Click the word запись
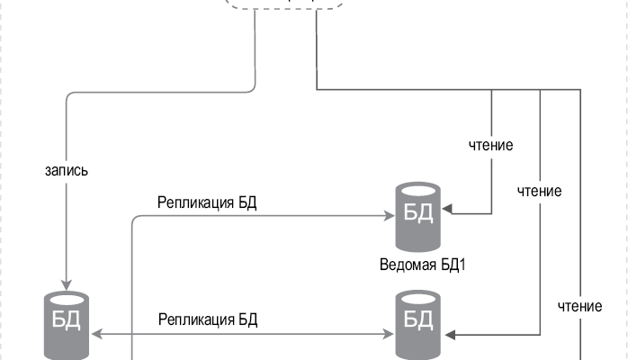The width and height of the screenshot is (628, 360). click(66, 168)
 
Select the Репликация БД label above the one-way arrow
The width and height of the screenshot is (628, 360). click(207, 202)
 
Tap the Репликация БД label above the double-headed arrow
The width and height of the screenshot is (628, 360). click(209, 319)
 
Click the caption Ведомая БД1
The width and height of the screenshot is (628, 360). click(418, 265)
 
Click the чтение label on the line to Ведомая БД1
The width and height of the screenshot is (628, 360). click(491, 144)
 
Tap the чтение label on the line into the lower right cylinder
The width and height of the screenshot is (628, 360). click(539, 191)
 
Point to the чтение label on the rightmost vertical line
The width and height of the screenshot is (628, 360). click(579, 306)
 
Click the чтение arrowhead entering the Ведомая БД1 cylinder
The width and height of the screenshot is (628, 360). click(447, 213)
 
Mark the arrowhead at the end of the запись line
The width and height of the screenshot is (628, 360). click(67, 281)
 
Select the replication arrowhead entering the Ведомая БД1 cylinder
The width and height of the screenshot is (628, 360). click(390, 217)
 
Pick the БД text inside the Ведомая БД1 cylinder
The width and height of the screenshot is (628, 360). click(418, 213)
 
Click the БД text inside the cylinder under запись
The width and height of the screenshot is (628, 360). click(67, 322)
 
